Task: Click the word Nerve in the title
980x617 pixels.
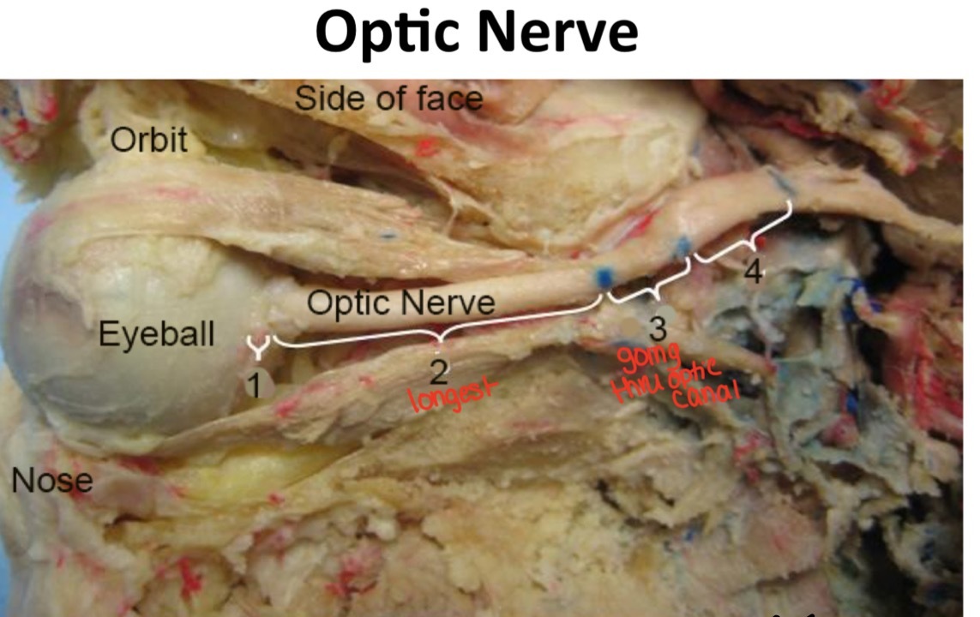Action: click(558, 33)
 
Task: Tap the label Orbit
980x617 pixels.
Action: click(148, 141)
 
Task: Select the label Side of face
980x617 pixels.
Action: click(388, 99)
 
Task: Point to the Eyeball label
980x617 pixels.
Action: click(156, 333)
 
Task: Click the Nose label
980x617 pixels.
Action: click(51, 481)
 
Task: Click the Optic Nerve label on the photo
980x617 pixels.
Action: click(400, 302)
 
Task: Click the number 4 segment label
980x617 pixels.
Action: click(752, 272)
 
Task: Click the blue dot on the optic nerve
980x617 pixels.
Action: click(604, 276)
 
